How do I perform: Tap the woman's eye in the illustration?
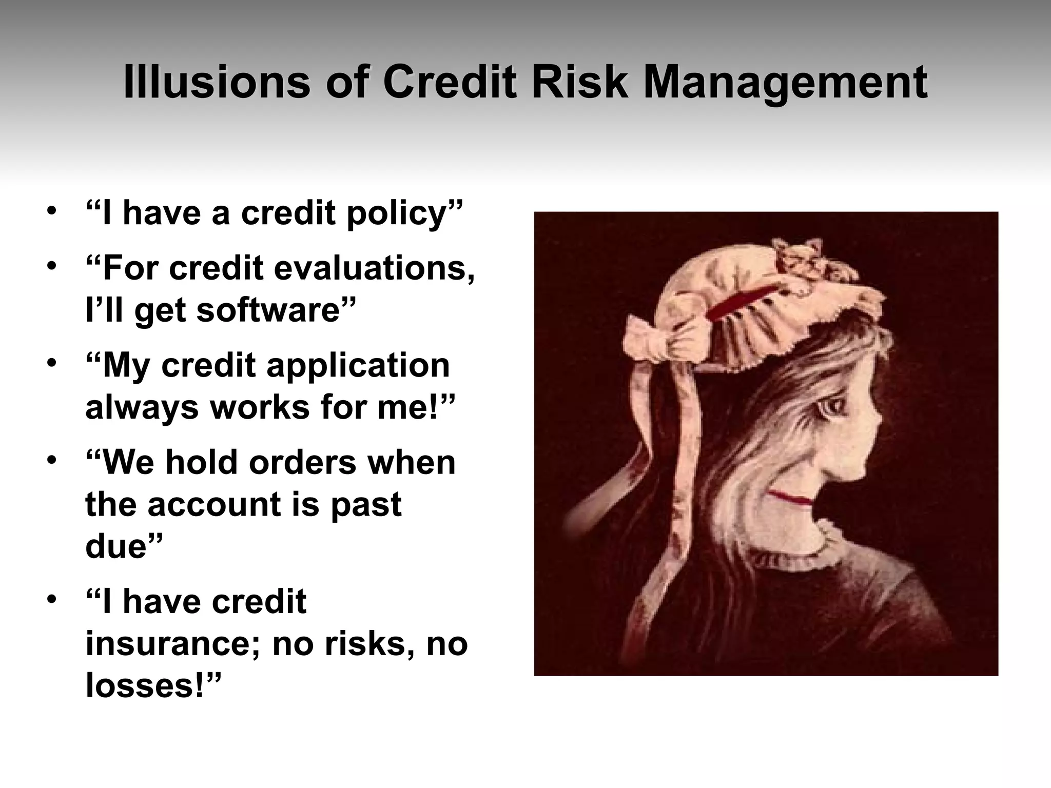pyautogui.click(x=831, y=411)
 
